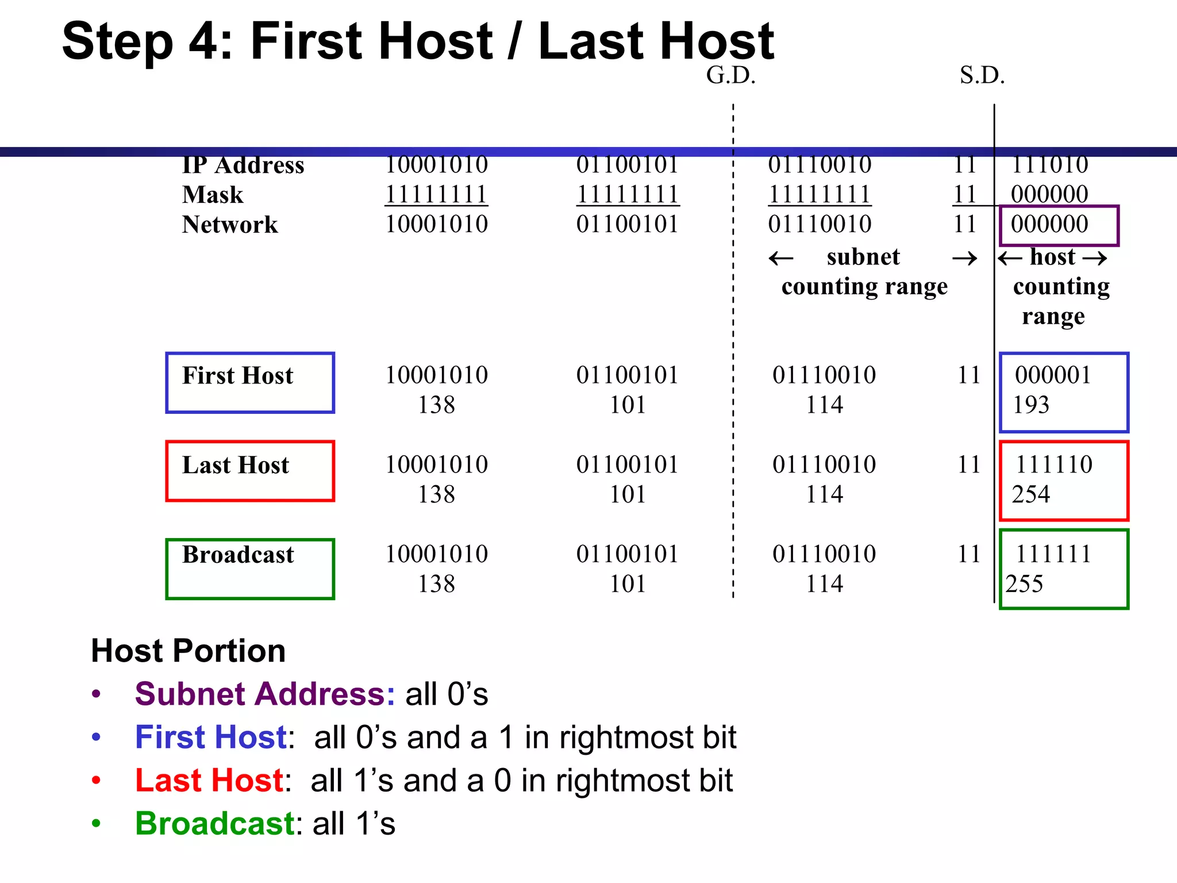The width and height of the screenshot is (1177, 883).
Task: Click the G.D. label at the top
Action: [x=730, y=75]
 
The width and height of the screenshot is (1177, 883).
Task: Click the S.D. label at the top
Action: [x=982, y=75]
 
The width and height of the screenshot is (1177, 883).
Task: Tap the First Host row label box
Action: [x=250, y=382]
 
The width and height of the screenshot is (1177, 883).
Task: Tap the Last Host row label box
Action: [x=250, y=471]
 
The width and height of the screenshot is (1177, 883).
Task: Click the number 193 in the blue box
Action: [x=1031, y=405]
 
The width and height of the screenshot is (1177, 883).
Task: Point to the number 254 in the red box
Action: [x=1031, y=494]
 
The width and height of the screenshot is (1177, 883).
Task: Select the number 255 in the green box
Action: [x=1024, y=584]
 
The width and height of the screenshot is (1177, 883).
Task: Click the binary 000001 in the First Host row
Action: [x=1053, y=375]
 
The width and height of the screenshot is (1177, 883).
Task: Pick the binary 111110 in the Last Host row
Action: [x=1054, y=464]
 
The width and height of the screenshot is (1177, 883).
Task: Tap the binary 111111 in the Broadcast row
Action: [x=1053, y=554]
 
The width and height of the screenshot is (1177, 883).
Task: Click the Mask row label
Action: [x=213, y=195]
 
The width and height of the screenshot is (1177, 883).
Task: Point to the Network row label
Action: [x=230, y=225]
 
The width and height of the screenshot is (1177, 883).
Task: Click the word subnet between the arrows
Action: [x=863, y=257]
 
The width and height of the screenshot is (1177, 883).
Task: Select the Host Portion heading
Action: [x=188, y=651]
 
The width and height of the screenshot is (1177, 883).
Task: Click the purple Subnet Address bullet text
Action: [x=265, y=694]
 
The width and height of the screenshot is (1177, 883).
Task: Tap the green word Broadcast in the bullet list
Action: [x=215, y=823]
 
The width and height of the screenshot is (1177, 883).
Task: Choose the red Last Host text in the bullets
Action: [x=209, y=780]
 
